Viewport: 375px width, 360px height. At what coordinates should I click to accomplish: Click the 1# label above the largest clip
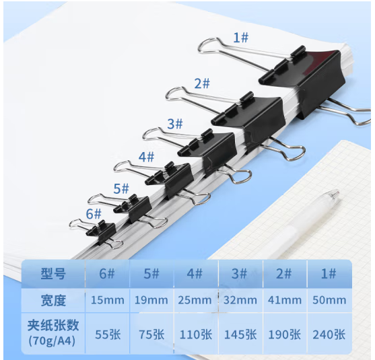(241, 38)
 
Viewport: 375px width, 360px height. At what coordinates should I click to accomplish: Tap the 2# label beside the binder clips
(202, 83)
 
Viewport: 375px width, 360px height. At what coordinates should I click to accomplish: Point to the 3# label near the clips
(175, 124)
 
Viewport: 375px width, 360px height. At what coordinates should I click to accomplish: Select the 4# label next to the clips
(146, 157)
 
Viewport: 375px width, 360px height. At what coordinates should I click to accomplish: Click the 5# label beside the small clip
(121, 188)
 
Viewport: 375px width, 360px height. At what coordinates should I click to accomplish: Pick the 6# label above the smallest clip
(94, 214)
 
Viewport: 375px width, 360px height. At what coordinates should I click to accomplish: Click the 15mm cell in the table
(108, 300)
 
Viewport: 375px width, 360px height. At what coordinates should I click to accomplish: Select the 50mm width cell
(329, 300)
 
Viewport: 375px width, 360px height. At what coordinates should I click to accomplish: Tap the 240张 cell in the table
(329, 334)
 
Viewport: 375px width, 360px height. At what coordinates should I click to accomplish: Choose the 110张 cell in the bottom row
(196, 334)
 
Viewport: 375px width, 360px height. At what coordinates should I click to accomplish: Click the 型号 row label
(53, 274)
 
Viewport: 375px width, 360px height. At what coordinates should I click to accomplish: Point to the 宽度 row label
(53, 301)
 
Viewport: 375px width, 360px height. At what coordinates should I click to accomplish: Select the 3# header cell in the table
(239, 273)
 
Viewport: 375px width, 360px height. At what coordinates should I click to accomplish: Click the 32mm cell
(240, 300)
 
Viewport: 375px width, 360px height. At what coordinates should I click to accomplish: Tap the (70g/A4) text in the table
(52, 341)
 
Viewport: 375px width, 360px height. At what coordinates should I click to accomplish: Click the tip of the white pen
(338, 192)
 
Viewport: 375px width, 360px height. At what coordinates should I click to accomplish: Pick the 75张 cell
(151, 334)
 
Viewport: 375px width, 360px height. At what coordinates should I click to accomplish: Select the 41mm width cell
(285, 300)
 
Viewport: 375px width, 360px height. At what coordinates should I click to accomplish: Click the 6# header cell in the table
(107, 273)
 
